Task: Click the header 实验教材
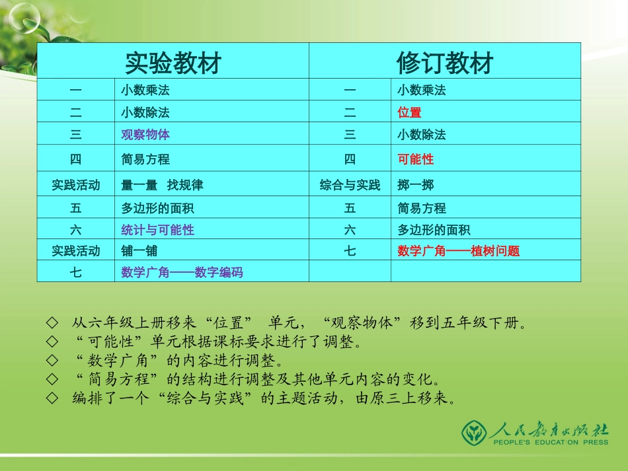(x=173, y=63)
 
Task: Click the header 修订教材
(x=445, y=63)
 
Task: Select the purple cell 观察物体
(x=145, y=135)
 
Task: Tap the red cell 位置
(x=409, y=112)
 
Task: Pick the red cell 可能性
(x=416, y=159)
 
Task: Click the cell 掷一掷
(x=416, y=185)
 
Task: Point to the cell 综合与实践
(x=350, y=185)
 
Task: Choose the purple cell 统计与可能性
(x=157, y=230)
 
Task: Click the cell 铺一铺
(x=139, y=251)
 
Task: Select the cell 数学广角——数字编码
(x=182, y=272)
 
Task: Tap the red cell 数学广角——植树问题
(x=458, y=251)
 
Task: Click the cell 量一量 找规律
(x=162, y=185)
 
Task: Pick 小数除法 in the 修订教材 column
(x=422, y=135)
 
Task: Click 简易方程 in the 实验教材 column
(x=145, y=159)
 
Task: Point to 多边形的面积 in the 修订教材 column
(x=434, y=230)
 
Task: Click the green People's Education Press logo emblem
(x=474, y=432)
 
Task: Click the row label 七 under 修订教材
(x=350, y=251)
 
